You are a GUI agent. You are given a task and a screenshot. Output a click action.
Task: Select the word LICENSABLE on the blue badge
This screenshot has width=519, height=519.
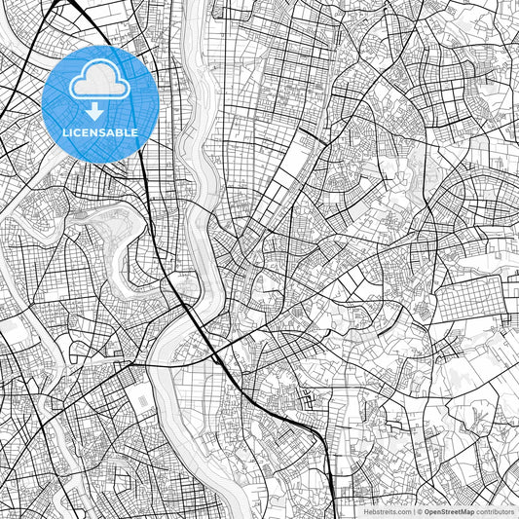click(100, 132)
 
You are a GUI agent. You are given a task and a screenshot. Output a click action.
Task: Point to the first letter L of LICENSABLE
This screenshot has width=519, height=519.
click(65, 132)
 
